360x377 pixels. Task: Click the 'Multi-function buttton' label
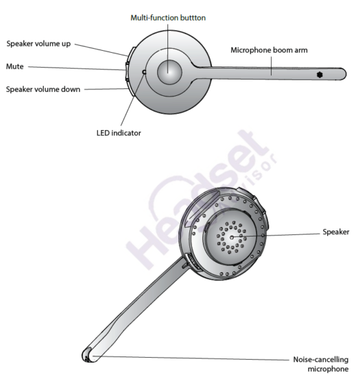click(x=168, y=18)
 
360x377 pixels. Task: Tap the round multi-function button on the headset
click(x=169, y=72)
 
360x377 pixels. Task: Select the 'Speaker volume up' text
click(x=38, y=44)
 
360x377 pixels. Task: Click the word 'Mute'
click(x=15, y=66)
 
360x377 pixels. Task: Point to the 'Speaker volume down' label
click(x=43, y=89)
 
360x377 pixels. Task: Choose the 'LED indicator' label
click(x=119, y=133)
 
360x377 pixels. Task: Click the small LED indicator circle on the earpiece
click(x=144, y=72)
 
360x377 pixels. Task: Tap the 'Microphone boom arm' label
click(x=269, y=50)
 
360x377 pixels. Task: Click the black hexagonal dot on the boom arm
click(x=320, y=75)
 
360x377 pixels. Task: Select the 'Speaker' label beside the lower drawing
click(x=336, y=232)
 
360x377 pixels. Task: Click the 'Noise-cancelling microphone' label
click(x=321, y=364)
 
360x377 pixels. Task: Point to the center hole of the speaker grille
click(x=232, y=237)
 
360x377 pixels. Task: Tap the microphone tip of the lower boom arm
click(x=87, y=355)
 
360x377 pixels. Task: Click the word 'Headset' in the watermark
click(x=197, y=199)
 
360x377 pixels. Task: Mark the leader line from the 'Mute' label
click(x=77, y=69)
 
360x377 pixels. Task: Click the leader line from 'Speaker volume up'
click(x=101, y=50)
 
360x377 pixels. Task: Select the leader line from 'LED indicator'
click(x=132, y=99)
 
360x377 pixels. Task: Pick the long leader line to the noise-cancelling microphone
click(x=191, y=358)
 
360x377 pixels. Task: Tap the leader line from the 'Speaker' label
click(x=276, y=235)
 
